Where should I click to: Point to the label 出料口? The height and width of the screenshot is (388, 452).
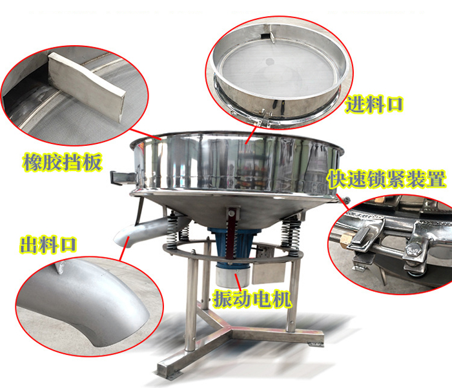(47, 245)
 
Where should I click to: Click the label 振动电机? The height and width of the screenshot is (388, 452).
(252, 299)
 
